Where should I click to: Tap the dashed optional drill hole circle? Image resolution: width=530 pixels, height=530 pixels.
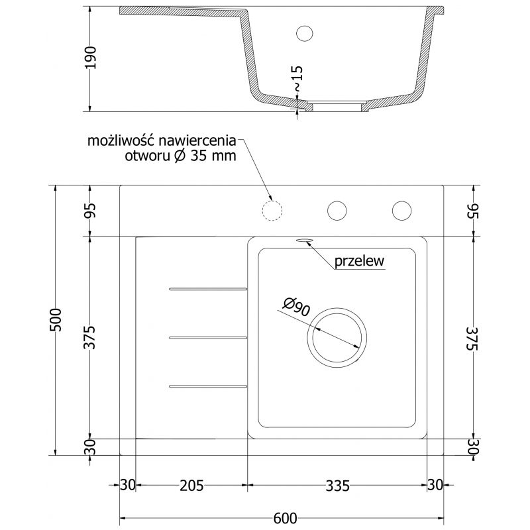click(272, 210)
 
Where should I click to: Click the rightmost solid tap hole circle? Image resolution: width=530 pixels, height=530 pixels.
click(401, 210)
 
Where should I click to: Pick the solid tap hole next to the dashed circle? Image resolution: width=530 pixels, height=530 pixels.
click(337, 210)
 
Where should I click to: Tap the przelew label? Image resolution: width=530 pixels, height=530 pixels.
click(360, 261)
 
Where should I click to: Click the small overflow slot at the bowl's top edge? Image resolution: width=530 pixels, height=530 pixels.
click(305, 241)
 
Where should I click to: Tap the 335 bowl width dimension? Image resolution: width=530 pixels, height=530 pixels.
click(337, 486)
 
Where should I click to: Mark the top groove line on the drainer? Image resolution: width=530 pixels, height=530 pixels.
click(208, 289)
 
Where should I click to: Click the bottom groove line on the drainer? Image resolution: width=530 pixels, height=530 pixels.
click(208, 386)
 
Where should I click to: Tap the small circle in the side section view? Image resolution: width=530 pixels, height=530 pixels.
click(305, 32)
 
